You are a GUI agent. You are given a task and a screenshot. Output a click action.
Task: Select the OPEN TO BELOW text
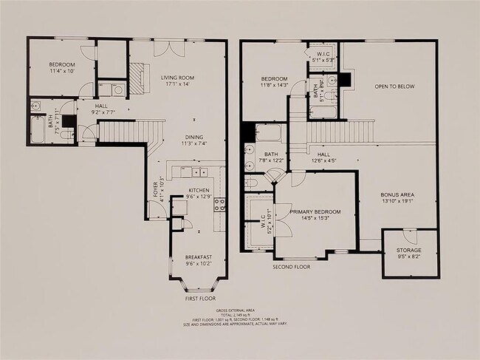(394, 86)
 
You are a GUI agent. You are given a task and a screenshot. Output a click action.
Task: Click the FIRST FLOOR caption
(199, 299)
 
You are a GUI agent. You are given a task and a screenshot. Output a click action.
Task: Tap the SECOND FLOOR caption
(291, 267)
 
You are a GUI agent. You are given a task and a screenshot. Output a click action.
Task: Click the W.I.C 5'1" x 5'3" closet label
(322, 56)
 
